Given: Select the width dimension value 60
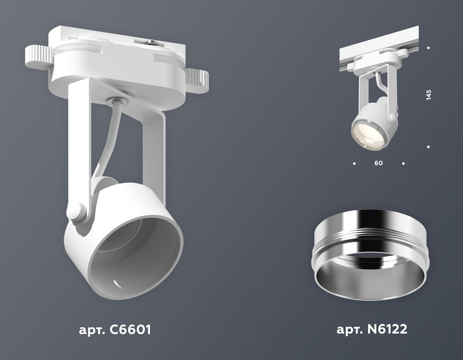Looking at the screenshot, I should pos(379,163).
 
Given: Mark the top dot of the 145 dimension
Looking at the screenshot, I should pos(429,48).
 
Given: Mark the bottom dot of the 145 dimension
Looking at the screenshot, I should pos(429,147).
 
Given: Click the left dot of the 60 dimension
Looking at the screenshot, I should pos(354,163).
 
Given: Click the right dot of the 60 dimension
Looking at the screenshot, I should pos(404,163).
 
